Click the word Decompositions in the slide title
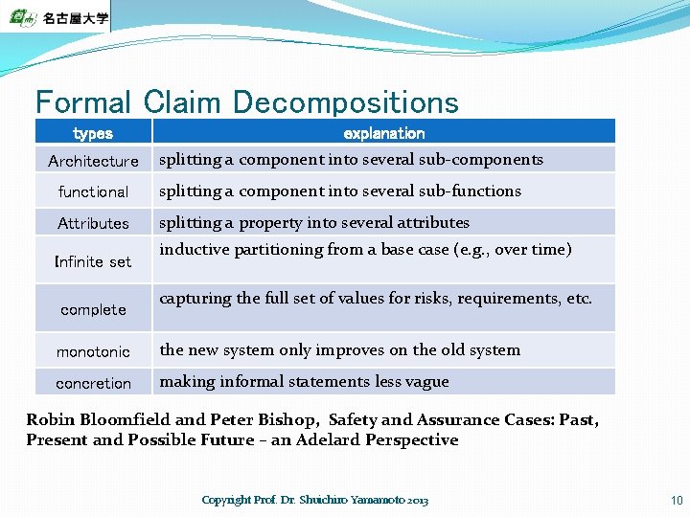tap(345, 101)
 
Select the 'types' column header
tap(93, 133)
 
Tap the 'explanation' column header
tap(383, 133)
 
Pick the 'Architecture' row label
tap(93, 161)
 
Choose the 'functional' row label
tap(93, 191)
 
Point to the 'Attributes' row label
tap(93, 223)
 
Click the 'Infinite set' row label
tap(93, 261)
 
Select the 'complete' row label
tap(93, 309)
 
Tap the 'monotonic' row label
tap(93, 351)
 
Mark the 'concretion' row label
tap(93, 383)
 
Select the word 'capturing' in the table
tap(195, 299)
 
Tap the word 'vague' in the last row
tap(426, 382)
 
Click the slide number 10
tap(677, 500)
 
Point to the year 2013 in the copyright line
tap(418, 500)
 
